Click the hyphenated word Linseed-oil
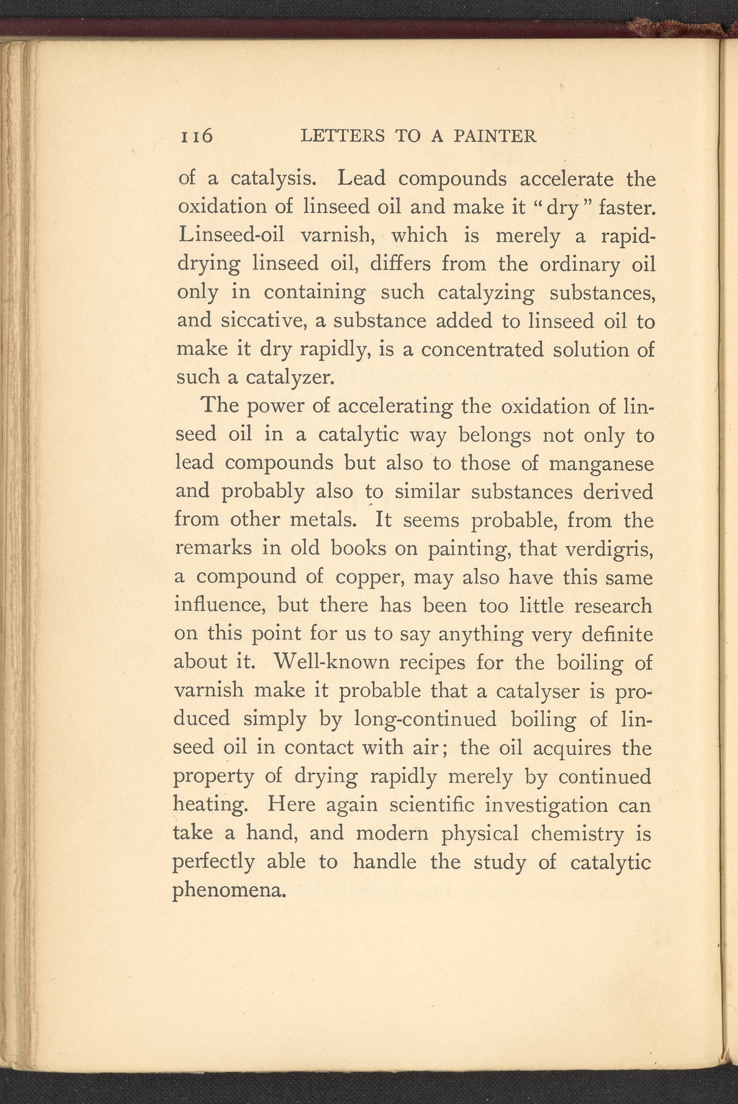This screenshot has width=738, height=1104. click(231, 236)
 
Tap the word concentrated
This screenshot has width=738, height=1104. click(482, 350)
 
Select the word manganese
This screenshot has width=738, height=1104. click(601, 463)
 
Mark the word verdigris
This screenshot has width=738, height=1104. click(609, 549)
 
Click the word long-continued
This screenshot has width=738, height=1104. click(425, 719)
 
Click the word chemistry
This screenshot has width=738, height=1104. click(577, 833)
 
